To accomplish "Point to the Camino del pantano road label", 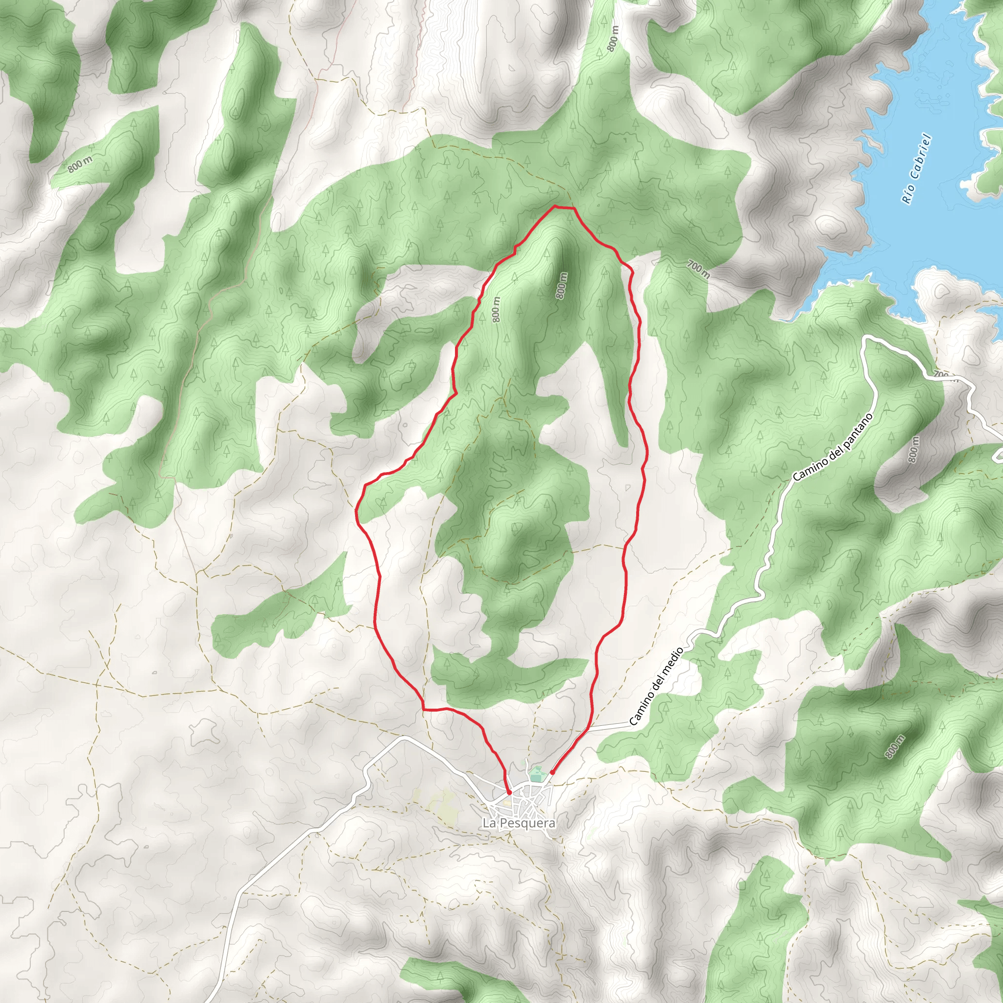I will (833, 447).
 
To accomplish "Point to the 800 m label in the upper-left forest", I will (80, 165).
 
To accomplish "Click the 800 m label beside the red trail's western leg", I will (496, 310).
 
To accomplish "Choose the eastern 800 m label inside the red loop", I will (561, 286).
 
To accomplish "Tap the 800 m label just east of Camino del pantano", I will (913, 450).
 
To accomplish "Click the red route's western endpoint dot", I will (509, 793).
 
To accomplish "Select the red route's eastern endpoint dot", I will (552, 772).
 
